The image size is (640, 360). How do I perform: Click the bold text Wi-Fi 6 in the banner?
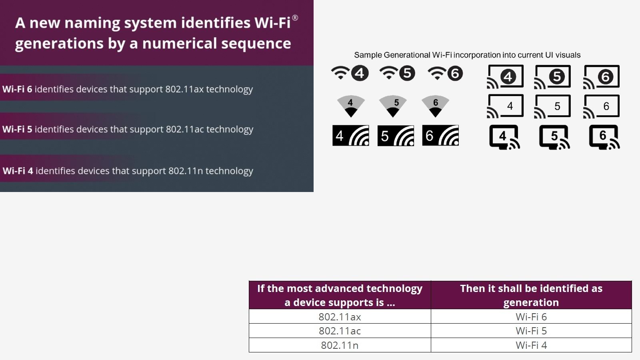point(17,89)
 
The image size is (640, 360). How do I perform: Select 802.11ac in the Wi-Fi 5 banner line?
point(185,129)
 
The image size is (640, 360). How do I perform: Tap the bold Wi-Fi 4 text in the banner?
point(18,171)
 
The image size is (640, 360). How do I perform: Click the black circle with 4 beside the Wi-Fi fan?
point(360,73)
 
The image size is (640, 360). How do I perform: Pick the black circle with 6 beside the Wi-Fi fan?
point(455,73)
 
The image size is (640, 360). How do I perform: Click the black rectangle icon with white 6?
point(440,136)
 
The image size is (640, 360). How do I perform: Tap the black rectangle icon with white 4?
point(350,136)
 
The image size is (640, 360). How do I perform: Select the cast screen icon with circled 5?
point(552,76)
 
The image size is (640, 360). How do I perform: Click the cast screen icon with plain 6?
point(601,106)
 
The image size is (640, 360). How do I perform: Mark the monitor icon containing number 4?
point(504,137)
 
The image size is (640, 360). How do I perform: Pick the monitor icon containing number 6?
point(604,137)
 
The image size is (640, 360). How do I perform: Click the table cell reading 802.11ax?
point(340,316)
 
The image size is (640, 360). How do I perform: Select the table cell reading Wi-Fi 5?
point(531,331)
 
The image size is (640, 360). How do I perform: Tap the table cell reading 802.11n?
point(340,345)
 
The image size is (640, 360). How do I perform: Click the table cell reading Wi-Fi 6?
point(531,316)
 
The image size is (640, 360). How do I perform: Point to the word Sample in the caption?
point(368,55)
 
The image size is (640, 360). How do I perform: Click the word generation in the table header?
point(531,302)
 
